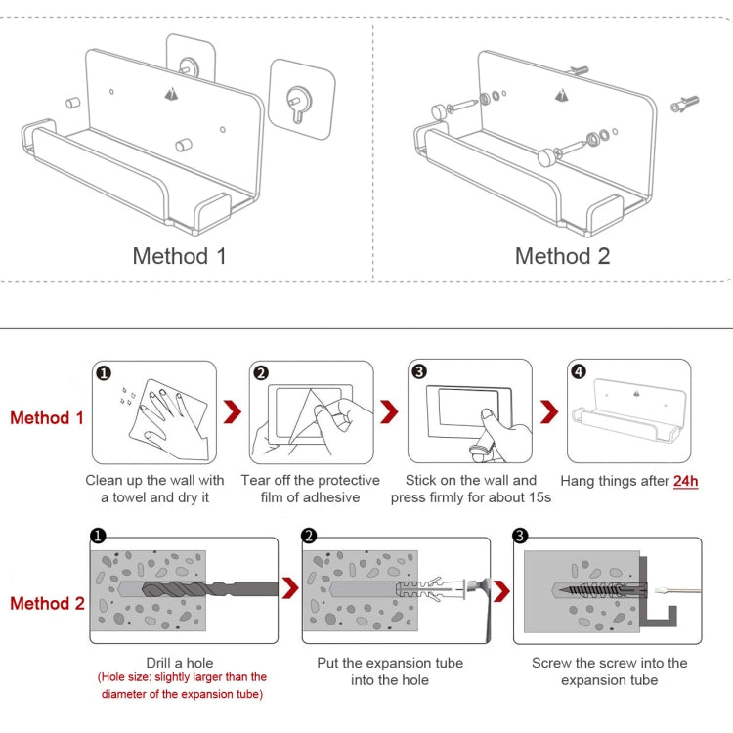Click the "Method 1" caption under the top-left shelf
[180, 256]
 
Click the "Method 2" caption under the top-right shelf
[562, 256]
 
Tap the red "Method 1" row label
[47, 418]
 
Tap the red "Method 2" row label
[47, 603]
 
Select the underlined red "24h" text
[685, 481]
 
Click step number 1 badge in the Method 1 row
[105, 372]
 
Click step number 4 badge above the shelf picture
[579, 372]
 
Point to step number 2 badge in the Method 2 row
[310, 536]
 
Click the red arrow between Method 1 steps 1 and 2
[233, 411]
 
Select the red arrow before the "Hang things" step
[549, 411]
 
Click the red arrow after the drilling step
[290, 587]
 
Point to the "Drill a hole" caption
[180, 663]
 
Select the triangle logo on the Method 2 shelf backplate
[561, 95]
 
